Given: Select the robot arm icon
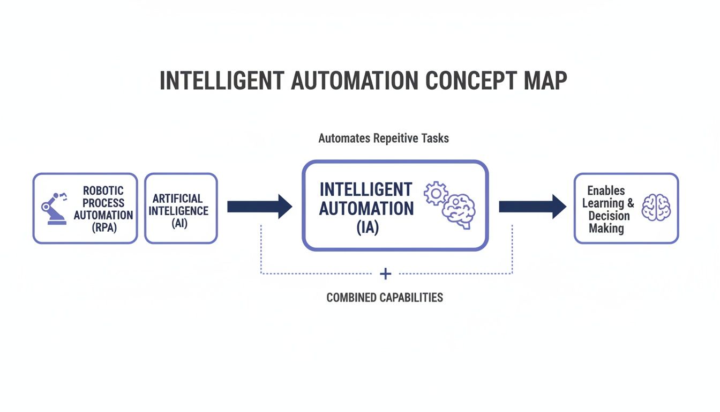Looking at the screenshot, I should click(x=55, y=208).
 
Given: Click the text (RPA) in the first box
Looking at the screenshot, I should click(x=103, y=227).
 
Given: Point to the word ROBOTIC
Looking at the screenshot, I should click(x=103, y=190).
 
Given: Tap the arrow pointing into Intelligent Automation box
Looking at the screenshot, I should click(x=260, y=207).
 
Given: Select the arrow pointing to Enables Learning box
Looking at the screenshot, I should click(x=532, y=207).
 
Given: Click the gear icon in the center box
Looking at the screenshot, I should click(x=436, y=193).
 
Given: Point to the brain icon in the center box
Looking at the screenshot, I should click(x=459, y=212).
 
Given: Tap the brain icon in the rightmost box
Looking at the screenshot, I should click(x=656, y=207).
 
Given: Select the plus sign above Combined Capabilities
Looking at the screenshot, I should click(x=385, y=274).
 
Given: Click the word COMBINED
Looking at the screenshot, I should click(x=352, y=297).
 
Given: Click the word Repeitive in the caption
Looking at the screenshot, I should click(x=388, y=138).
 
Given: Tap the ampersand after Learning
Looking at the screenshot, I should click(x=630, y=203).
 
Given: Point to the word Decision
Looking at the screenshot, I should click(x=609, y=216).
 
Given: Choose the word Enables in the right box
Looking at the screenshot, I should click(x=606, y=190).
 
